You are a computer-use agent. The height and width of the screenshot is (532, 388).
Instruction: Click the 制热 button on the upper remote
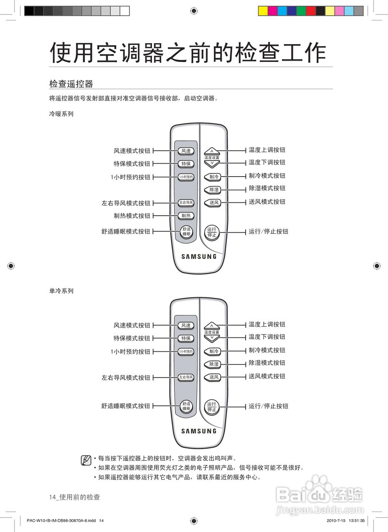click(186, 216)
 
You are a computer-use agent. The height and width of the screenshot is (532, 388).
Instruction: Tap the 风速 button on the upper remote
click(186, 151)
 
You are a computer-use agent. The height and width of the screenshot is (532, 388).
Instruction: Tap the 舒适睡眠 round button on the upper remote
click(186, 232)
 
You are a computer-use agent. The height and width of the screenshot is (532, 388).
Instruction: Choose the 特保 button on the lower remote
click(186, 338)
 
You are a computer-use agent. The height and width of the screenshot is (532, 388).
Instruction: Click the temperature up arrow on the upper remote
click(211, 151)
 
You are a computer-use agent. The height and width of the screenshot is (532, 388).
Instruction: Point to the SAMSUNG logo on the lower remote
click(199, 431)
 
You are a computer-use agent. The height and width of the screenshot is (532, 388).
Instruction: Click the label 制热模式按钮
click(132, 216)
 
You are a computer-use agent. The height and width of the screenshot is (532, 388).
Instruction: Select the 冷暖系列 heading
click(61, 114)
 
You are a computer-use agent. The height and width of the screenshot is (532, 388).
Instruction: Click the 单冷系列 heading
click(61, 291)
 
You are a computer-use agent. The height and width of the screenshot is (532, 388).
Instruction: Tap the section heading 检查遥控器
click(71, 84)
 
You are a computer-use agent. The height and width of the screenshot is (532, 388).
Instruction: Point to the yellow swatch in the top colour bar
click(263, 11)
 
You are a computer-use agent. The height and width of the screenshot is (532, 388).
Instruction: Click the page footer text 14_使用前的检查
click(75, 498)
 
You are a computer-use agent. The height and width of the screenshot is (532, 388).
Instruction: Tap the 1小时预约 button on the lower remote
click(186, 352)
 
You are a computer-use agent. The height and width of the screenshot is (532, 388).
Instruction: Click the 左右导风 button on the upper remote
click(186, 203)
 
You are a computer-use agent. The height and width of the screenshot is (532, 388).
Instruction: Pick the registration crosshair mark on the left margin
click(11, 266)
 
